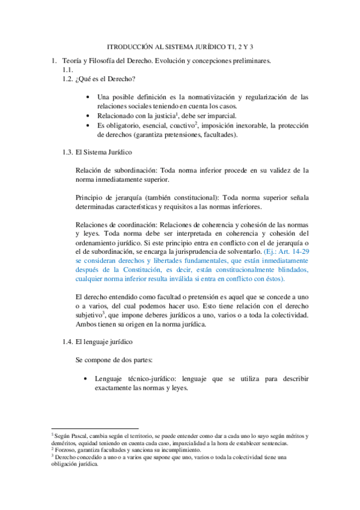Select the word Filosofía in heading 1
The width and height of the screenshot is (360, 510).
coord(105,61)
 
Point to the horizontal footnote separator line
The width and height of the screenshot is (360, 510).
coord(87,428)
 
